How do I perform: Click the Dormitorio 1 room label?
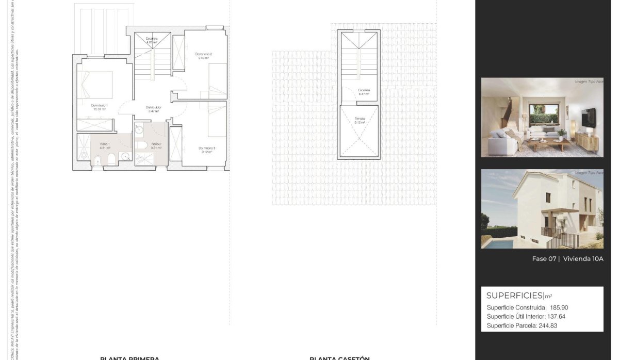[x=99, y=105]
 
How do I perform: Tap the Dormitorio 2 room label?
[x=204, y=54]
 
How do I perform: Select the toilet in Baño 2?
[x=143, y=146]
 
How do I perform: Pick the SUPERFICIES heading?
[x=515, y=296]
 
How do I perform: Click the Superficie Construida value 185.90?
[x=559, y=307]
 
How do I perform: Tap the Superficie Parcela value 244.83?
[x=547, y=326]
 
